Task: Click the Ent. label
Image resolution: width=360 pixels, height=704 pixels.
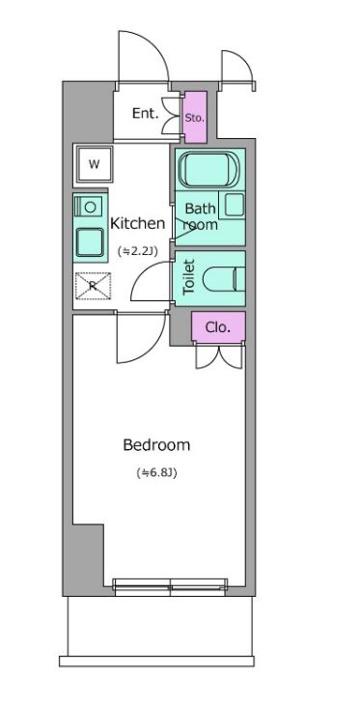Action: coord(146,114)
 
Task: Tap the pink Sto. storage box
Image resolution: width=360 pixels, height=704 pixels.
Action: coord(195,117)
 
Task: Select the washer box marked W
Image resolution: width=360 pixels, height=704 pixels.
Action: coord(94,164)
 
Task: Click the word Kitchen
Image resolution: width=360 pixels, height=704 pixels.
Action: coord(138,223)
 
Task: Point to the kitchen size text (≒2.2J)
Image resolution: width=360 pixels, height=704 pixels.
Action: coord(137,250)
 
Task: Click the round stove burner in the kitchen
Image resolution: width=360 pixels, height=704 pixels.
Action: coord(90,207)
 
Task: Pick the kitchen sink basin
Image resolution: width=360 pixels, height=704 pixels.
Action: coord(90,241)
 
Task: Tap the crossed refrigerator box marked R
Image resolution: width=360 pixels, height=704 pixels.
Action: coord(93,286)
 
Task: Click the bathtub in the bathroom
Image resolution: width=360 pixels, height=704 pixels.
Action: coord(209,169)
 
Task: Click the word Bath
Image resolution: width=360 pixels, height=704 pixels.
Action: coord(201,209)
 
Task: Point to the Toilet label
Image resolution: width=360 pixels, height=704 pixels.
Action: coord(189,277)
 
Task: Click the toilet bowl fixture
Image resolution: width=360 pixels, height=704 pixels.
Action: coord(224,279)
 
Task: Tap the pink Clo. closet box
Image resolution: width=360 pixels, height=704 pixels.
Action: coord(218,327)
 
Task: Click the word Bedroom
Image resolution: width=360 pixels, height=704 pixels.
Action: coord(156,445)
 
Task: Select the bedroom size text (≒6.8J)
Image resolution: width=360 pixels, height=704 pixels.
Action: coord(156,472)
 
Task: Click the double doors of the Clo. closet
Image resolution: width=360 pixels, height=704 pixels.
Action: coord(218,357)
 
